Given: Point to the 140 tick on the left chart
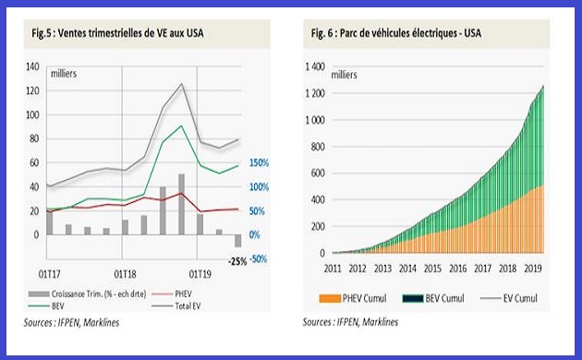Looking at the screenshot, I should [32, 67].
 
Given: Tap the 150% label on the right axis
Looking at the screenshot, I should [260, 163].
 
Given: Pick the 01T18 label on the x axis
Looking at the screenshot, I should [126, 273].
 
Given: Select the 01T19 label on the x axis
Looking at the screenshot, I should [200, 273].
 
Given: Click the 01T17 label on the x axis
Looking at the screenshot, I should [49, 273].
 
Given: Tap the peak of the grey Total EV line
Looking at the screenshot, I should [181, 84].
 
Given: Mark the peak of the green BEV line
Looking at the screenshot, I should [181, 126].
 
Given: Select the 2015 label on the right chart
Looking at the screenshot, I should [430, 269].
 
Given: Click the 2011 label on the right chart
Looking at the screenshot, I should [333, 269].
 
